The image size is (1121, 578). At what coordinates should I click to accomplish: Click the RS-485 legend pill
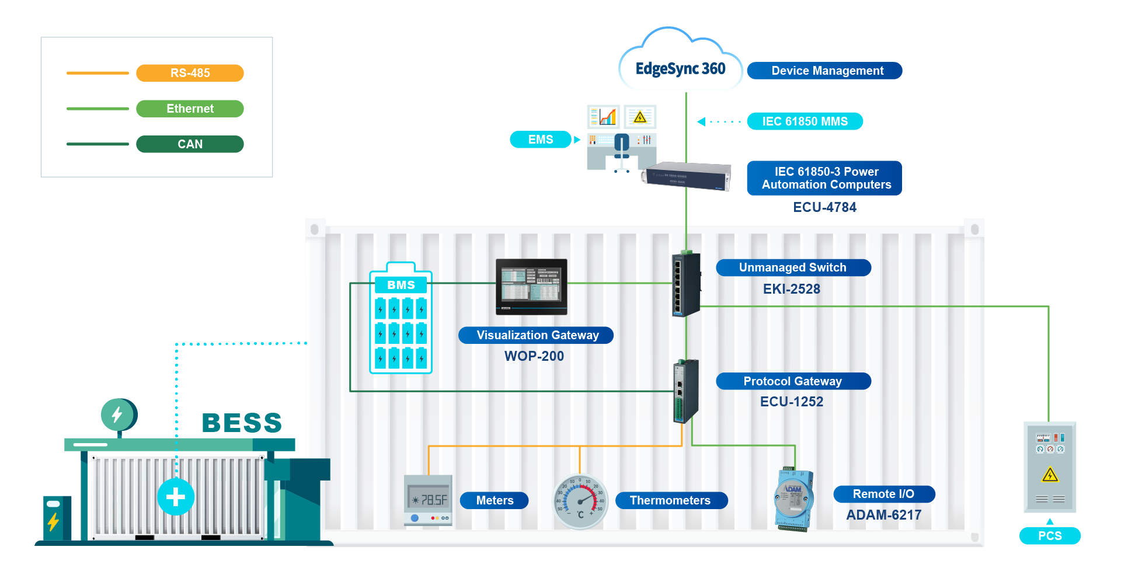(x=190, y=73)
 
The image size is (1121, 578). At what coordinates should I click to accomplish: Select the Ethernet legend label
(x=190, y=109)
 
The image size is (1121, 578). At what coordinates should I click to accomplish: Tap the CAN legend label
(x=190, y=144)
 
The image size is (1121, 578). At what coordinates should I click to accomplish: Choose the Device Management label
(x=824, y=71)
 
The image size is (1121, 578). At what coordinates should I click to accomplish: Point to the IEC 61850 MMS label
(x=805, y=121)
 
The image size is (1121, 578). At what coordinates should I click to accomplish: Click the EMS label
(x=540, y=140)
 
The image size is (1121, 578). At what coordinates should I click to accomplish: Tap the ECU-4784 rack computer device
(x=687, y=176)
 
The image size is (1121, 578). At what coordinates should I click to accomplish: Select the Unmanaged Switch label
(x=793, y=267)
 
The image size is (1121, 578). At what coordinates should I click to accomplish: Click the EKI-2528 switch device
(x=686, y=285)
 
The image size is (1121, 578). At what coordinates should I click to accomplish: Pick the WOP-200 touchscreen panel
(x=531, y=287)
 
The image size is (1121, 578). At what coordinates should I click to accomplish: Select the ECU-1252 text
(x=791, y=402)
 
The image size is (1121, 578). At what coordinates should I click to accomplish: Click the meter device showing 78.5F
(x=429, y=500)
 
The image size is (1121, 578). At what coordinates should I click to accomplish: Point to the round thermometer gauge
(x=580, y=501)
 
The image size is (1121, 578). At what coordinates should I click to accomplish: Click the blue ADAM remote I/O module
(x=794, y=499)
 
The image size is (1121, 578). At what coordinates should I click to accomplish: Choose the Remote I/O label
(x=883, y=494)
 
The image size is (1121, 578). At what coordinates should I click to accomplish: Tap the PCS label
(x=1050, y=536)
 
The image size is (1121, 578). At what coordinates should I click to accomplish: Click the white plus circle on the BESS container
(x=176, y=497)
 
